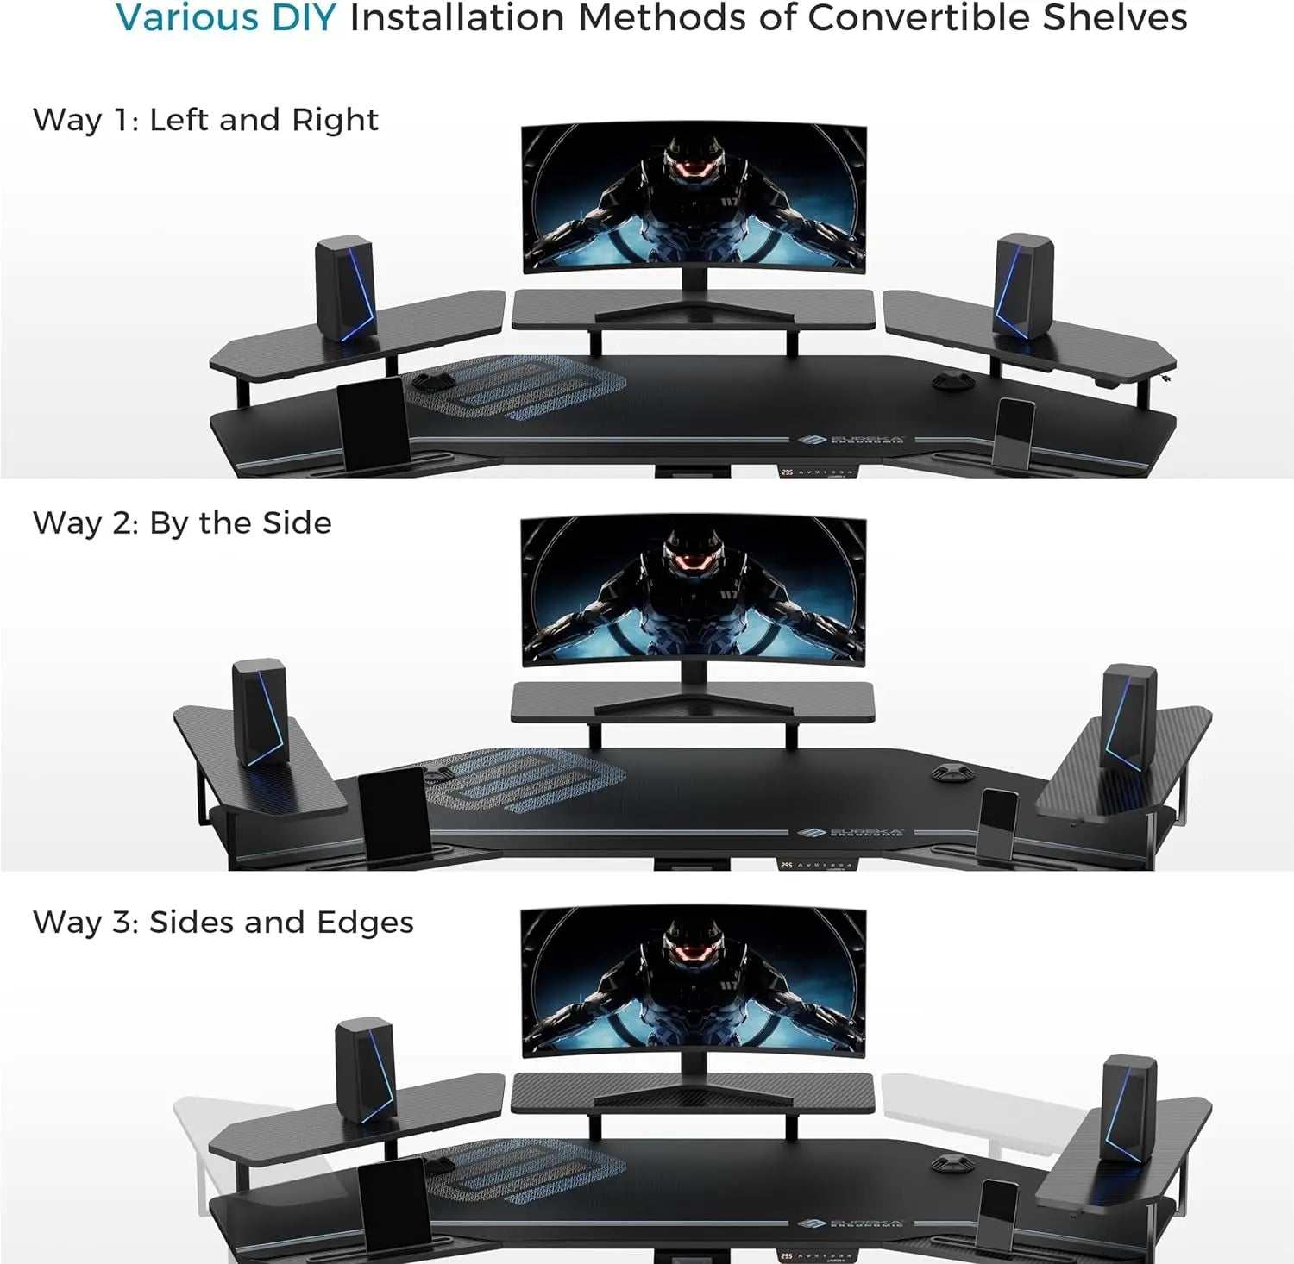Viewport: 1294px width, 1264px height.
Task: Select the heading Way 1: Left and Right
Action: pyautogui.click(x=205, y=120)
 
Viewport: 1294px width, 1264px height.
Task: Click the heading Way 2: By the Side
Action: pyautogui.click(x=182, y=523)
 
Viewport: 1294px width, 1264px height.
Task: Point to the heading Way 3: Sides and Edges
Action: pyautogui.click(x=223, y=923)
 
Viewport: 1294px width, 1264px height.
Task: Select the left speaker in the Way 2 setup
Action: pyautogui.click(x=260, y=712)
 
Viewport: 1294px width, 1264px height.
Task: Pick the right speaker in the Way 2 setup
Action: pyautogui.click(x=1128, y=716)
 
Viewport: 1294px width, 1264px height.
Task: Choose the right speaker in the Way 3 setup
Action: pyautogui.click(x=1128, y=1107)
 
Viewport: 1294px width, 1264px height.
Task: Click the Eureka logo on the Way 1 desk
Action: pyautogui.click(x=851, y=441)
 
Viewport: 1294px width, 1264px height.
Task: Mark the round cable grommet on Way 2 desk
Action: pyautogui.click(x=951, y=772)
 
